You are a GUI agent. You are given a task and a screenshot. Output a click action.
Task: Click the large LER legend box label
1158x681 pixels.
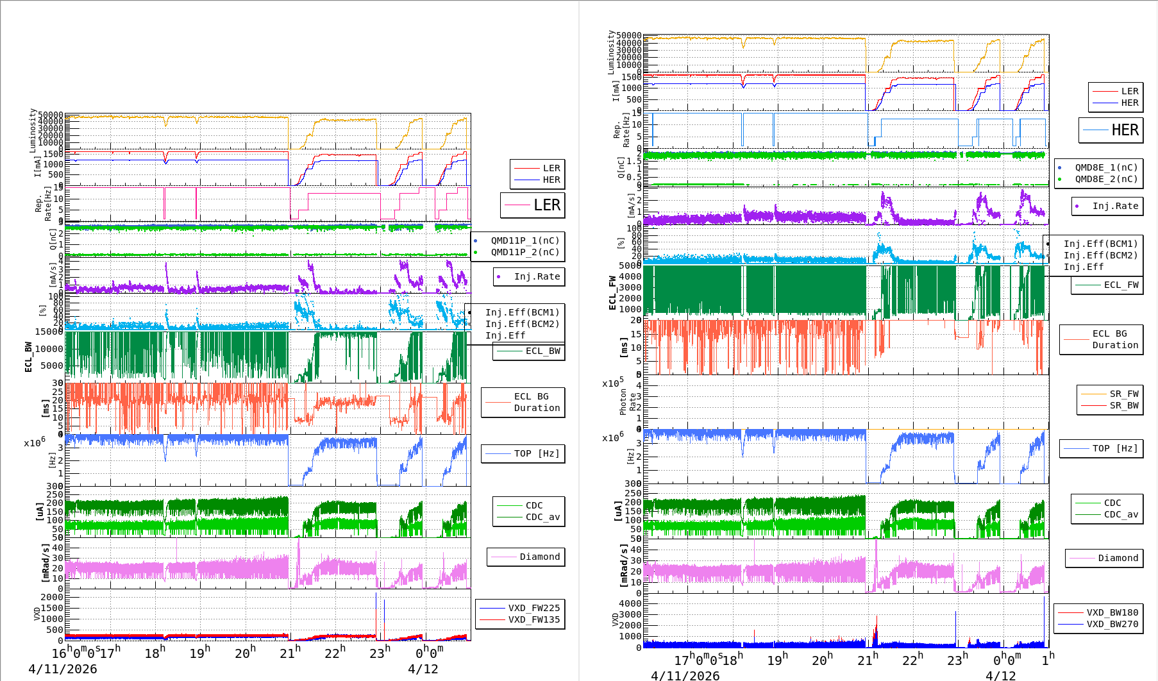point(546,205)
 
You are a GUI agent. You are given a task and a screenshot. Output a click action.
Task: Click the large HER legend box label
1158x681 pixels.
point(1125,130)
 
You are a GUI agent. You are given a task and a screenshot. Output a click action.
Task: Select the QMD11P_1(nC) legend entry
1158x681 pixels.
point(524,240)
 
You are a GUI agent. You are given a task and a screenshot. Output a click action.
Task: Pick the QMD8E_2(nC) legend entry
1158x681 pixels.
point(1106,179)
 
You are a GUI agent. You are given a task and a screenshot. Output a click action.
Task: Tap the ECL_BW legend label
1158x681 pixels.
point(542,351)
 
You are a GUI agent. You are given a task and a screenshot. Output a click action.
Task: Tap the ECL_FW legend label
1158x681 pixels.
point(1121,285)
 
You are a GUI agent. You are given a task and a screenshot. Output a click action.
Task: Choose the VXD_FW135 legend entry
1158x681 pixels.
point(533,619)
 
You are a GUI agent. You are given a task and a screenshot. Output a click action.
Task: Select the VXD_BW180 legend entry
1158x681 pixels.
point(1112,612)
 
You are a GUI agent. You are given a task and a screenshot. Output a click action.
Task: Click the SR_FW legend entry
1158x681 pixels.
point(1124,394)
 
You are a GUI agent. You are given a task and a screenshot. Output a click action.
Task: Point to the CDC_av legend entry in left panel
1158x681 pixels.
point(542,517)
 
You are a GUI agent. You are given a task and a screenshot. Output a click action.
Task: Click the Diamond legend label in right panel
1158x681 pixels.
point(1118,558)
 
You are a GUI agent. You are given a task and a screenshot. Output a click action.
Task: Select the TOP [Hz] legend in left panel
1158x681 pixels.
point(536,453)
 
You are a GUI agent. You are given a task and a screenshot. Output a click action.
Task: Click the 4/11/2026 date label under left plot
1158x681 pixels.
point(63,669)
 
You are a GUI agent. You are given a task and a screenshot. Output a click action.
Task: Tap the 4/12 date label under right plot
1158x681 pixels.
point(1000,675)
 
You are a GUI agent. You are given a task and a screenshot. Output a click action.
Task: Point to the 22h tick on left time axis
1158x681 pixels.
point(333,653)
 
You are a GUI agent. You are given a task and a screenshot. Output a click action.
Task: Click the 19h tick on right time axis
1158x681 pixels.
point(776,659)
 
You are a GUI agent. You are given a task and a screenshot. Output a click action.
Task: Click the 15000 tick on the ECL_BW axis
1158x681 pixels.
point(49,332)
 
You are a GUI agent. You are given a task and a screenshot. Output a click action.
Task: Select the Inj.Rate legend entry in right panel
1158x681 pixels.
point(1115,206)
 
